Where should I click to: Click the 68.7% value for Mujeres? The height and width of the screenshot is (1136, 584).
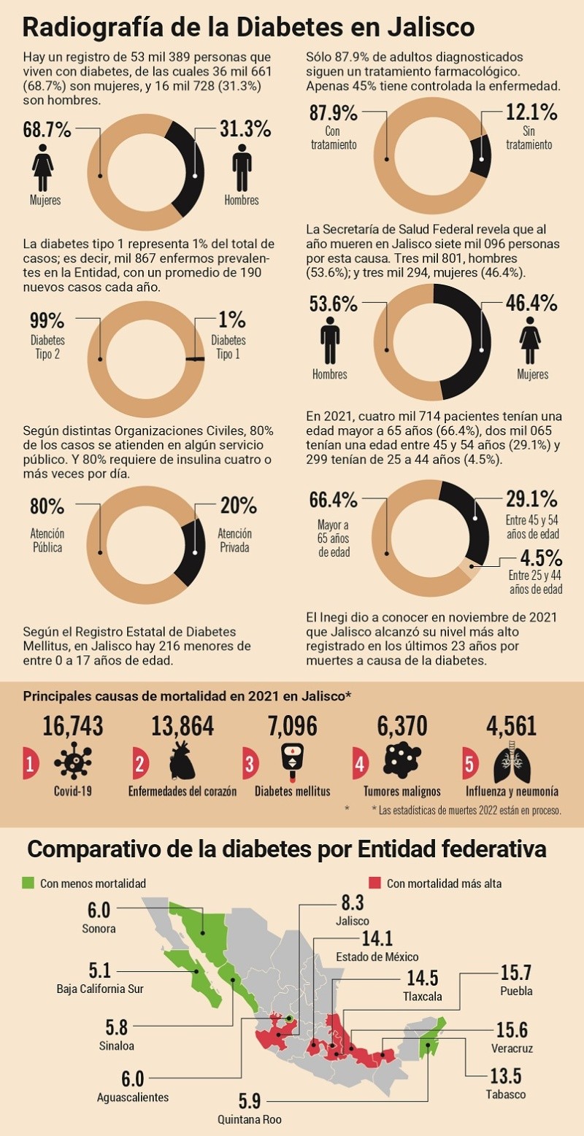(x=47, y=131)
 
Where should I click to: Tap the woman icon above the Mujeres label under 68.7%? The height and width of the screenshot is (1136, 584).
(x=43, y=168)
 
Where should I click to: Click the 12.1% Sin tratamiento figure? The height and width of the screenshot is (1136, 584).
(x=531, y=113)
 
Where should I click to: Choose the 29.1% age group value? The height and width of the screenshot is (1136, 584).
(x=531, y=500)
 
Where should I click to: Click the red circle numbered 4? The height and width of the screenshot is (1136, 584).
(x=359, y=764)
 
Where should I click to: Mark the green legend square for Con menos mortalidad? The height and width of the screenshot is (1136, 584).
(x=28, y=883)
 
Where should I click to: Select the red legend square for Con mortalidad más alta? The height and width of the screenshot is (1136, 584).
(x=375, y=883)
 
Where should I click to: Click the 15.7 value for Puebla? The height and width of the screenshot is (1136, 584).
(x=515, y=973)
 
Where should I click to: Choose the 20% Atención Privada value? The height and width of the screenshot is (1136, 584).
(x=238, y=506)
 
